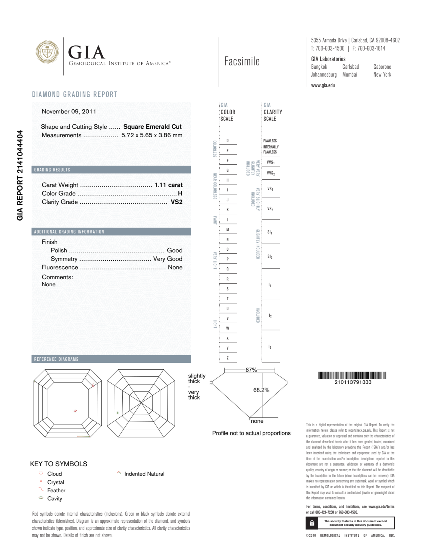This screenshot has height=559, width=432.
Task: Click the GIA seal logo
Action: pos(47,52)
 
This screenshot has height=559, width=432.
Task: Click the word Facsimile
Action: pos(242,62)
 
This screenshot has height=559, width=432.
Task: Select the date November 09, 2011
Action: pos(69,111)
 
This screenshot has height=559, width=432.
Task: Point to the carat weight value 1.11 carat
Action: pos(168,185)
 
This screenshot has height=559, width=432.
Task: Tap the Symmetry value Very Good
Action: pos(168,259)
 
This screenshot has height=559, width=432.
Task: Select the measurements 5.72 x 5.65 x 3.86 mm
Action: pos(152,135)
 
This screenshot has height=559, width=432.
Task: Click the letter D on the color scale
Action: pos(227,141)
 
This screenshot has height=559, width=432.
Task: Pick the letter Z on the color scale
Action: pos(227,358)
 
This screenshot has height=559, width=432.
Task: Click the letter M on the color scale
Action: pos(227,230)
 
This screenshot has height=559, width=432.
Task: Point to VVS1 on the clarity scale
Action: pos(271,162)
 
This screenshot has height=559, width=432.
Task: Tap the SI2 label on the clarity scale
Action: pos(270,256)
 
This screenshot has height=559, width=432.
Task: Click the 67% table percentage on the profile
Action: pos(251,370)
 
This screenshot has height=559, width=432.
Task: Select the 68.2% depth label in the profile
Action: pos(261,390)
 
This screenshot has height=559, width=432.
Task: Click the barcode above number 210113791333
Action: pos(352,375)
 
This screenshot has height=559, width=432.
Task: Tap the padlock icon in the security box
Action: pos(312,523)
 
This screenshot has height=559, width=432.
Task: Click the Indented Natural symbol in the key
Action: pos(119,472)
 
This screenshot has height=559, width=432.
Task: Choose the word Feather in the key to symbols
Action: pos(56,490)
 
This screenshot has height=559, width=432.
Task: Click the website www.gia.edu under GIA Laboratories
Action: pos(323,85)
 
